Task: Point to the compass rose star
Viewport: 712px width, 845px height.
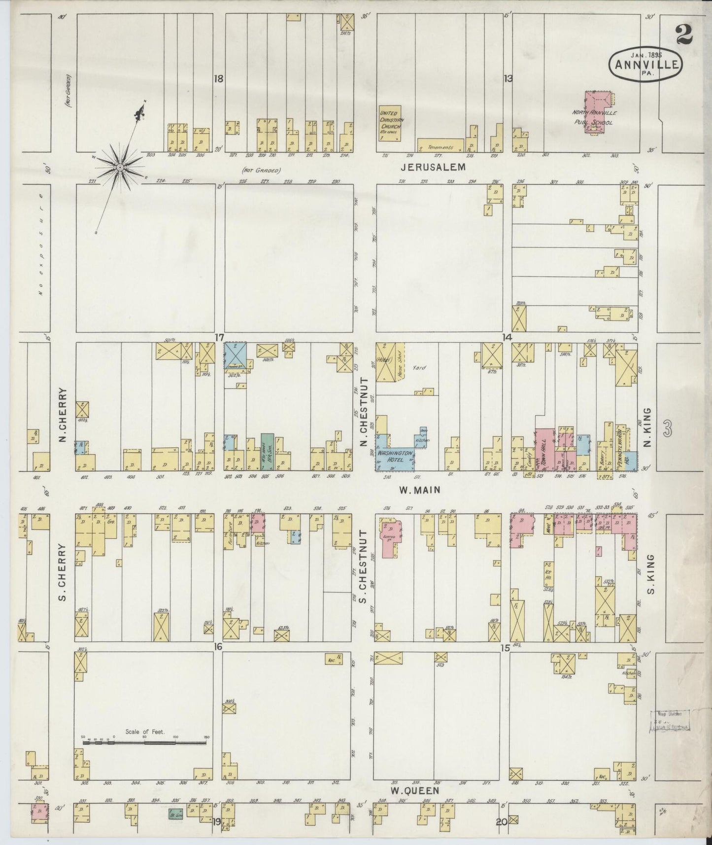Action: click(x=120, y=168)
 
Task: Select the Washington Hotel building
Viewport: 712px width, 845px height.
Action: click(x=394, y=454)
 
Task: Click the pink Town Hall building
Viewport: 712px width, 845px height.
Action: click(x=545, y=449)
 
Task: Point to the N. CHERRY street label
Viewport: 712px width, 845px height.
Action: click(x=63, y=414)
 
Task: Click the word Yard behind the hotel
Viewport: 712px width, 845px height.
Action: click(x=419, y=367)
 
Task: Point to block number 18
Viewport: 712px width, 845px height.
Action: click(x=219, y=78)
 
